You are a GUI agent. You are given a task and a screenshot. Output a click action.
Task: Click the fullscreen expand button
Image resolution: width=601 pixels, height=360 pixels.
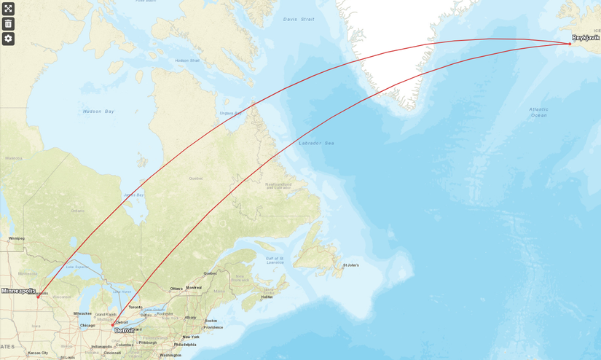click(x=8, y=9)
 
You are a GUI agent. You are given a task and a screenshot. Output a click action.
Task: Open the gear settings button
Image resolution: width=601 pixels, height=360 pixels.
click(x=8, y=39)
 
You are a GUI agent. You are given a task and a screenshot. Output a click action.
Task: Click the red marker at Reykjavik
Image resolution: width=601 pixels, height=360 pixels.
click(x=570, y=44)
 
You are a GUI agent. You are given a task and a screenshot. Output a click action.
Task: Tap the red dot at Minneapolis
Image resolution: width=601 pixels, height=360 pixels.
click(x=38, y=297)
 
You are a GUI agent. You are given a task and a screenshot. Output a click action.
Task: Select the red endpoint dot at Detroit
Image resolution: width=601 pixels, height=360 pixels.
click(x=112, y=325)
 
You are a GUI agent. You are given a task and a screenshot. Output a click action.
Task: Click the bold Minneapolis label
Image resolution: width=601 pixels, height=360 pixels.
click(x=18, y=291)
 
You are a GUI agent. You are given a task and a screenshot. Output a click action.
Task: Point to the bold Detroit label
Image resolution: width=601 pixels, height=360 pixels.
click(x=125, y=331)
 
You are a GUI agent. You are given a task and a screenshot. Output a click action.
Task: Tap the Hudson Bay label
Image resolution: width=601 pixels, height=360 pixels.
click(x=98, y=111)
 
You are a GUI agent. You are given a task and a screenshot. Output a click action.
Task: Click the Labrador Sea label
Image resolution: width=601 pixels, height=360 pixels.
click(x=316, y=143)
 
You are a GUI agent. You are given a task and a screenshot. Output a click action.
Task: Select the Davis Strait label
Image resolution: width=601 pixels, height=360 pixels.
click(x=299, y=19)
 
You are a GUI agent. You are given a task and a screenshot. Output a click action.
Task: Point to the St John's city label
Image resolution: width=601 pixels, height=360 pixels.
click(x=351, y=265)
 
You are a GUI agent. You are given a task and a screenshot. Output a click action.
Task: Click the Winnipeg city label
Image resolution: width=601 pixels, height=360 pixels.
click(x=16, y=238)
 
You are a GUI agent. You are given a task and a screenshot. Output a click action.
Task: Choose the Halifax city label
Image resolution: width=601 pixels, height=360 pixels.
click(x=267, y=297)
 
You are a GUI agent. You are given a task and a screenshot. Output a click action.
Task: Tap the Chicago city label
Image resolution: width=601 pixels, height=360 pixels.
click(x=87, y=325)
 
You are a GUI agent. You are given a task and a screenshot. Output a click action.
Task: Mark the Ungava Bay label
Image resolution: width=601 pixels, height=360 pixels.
click(x=230, y=113)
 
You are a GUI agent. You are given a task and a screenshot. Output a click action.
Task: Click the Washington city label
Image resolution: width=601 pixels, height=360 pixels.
click(x=170, y=355)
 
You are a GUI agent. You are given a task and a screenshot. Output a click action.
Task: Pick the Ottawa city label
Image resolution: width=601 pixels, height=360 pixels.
click(x=176, y=288)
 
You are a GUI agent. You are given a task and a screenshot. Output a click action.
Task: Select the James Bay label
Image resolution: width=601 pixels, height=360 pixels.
click(x=134, y=195)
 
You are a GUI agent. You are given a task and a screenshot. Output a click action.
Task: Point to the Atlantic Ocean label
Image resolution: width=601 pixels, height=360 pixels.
click(x=538, y=112)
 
